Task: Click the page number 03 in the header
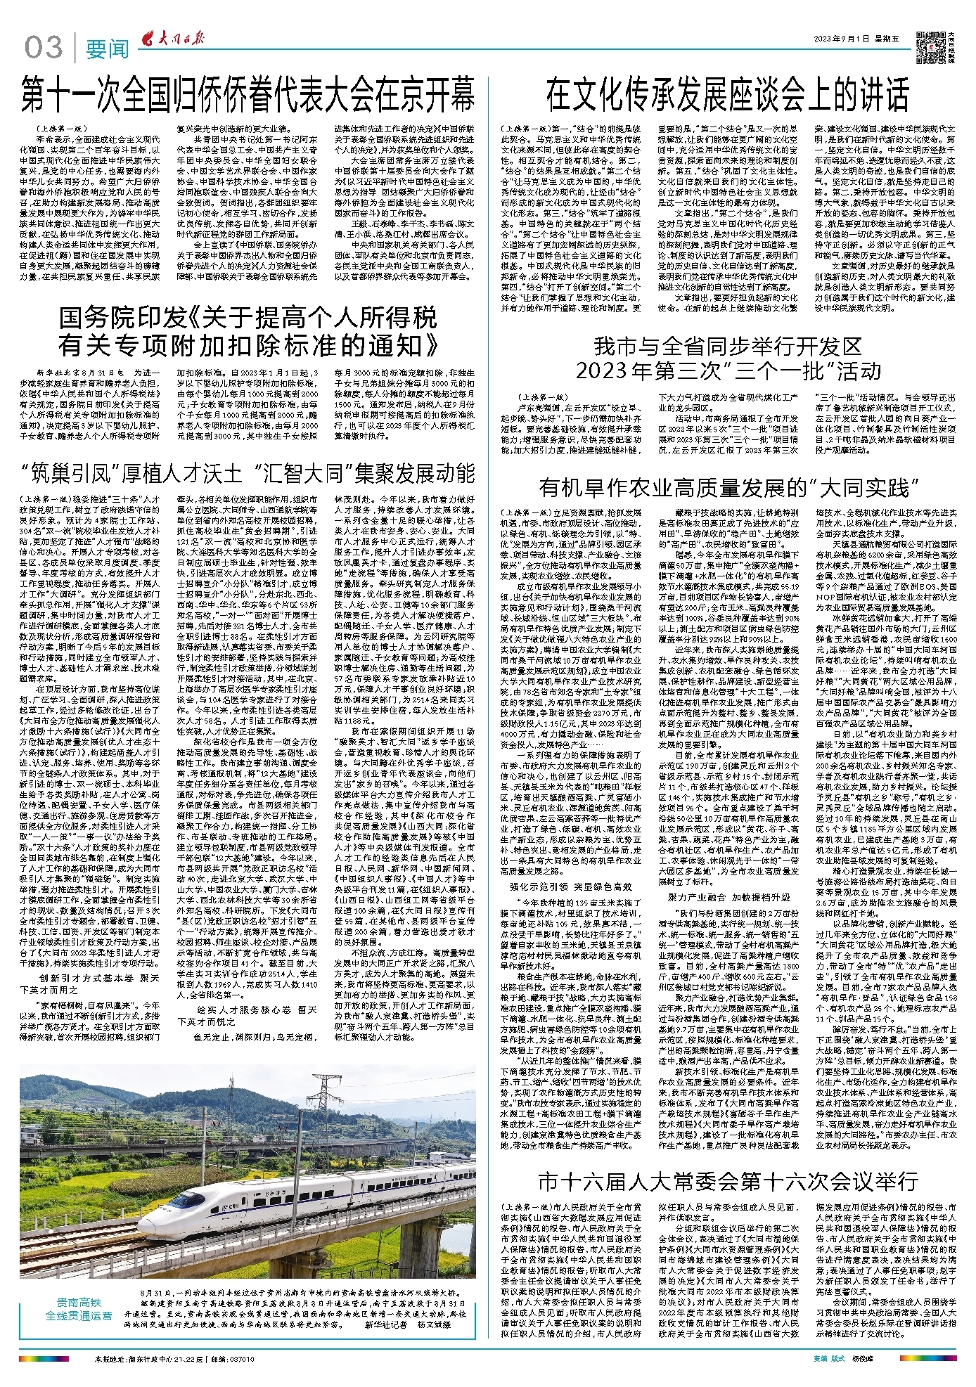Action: click(44, 48)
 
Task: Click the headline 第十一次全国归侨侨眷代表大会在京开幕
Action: click(248, 95)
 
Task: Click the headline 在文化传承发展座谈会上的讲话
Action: click(727, 93)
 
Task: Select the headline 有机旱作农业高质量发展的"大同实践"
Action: click(729, 487)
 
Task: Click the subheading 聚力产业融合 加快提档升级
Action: click(728, 897)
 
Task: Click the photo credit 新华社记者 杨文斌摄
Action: click(407, 1324)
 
